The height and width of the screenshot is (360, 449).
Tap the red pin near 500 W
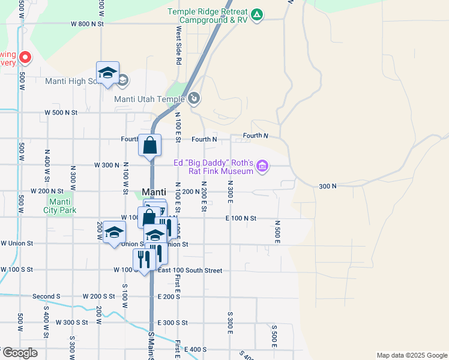pos(25,58)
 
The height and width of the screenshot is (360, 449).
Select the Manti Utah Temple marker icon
pos(194,98)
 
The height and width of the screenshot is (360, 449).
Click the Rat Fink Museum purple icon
pos(262,166)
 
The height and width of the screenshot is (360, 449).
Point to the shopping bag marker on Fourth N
pos(149,146)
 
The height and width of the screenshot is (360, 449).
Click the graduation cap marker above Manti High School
pos(107,73)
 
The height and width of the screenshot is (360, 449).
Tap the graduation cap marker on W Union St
pos(113,233)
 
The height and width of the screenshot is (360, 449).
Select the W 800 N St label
pos(88,24)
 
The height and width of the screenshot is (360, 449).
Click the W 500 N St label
pos(61,112)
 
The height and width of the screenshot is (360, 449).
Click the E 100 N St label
pos(241,218)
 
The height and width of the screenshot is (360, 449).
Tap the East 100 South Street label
pos(190,271)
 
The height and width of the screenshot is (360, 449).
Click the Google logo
pos(19,353)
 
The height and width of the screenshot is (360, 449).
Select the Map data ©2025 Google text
pos(411,355)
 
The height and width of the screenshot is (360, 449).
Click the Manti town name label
pos(154,192)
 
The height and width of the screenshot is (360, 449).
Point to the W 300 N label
pos(107,165)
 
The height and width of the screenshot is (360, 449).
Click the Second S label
pos(46,296)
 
